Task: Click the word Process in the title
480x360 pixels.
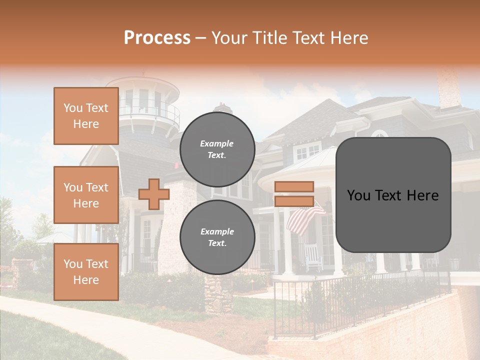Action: tap(157, 38)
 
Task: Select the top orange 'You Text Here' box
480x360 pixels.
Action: tap(86, 116)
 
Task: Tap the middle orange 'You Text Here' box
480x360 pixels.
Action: tap(86, 195)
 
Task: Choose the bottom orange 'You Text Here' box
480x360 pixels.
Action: tap(86, 272)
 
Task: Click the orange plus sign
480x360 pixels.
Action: tap(153, 194)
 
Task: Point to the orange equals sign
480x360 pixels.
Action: tap(294, 194)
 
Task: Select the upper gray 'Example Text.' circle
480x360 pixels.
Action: tap(217, 149)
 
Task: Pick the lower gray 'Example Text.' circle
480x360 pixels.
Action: tap(217, 237)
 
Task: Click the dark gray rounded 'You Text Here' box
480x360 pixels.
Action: tap(393, 195)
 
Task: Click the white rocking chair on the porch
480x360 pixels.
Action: tap(313, 257)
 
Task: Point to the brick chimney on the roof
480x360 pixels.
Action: tap(448, 90)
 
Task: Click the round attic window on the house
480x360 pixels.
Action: tap(379, 134)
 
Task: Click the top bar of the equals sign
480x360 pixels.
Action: tap(294, 187)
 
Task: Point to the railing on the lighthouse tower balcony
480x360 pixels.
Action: tap(150, 111)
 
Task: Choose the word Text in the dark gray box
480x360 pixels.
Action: tap(393, 195)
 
